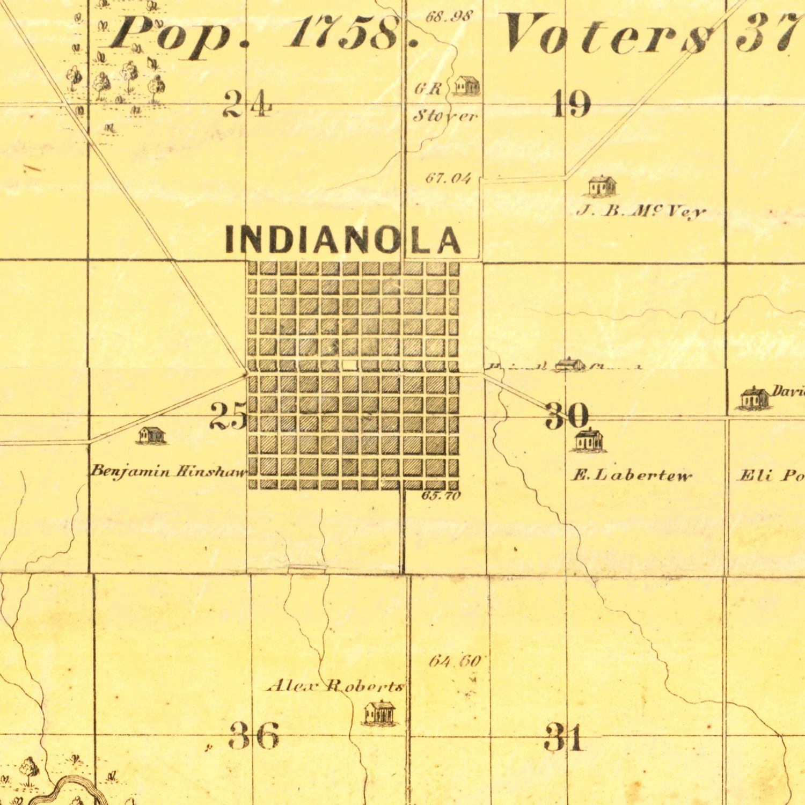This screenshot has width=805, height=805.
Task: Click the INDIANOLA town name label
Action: pos(342,239)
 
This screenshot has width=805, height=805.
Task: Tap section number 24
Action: pos(247,103)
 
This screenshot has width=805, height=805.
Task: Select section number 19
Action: pos(572,104)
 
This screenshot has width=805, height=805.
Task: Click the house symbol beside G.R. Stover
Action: pos(466,86)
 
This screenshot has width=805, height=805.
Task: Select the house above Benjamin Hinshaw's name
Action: pos(152,435)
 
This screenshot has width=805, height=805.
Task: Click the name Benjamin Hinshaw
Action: pos(169,472)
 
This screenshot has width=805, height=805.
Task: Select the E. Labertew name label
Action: pos(631,475)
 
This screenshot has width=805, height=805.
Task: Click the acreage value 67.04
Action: pos(448,178)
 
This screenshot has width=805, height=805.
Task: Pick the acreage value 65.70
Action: pos(441,496)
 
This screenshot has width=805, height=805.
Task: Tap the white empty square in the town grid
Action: pos(349,365)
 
